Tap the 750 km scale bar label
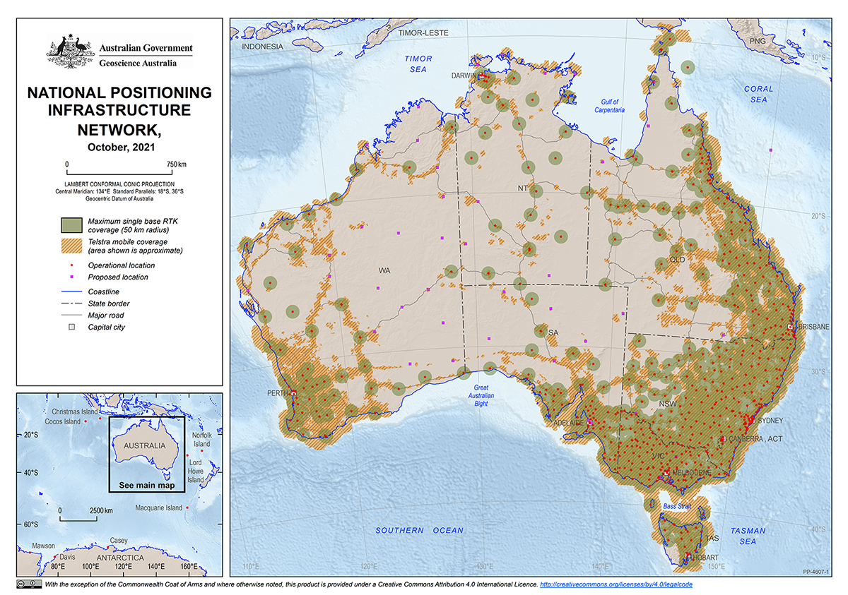177,164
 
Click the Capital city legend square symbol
71,327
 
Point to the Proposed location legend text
118,277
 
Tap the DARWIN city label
464,76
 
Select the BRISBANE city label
814,327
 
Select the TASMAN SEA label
747,536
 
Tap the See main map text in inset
146,486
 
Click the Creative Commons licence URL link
621,585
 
